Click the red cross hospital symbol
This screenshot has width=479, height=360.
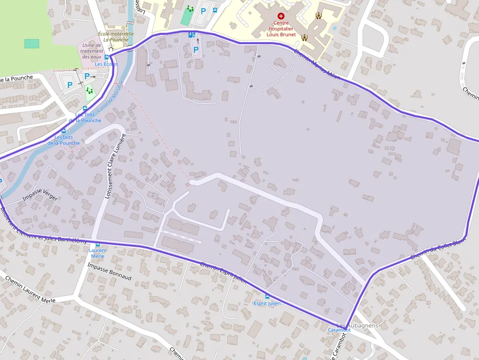coord(281,16)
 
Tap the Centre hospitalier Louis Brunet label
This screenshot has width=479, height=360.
coord(281,29)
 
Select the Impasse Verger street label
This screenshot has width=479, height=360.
coord(40,194)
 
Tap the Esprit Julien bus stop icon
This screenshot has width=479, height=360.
coord(267,296)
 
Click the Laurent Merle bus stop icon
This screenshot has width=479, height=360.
coord(97,244)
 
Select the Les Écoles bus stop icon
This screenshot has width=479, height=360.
coord(107,57)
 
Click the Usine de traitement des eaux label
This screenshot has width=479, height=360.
coord(92,51)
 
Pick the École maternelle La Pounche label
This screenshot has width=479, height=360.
coord(116,37)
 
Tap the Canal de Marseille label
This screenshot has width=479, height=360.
coord(111,97)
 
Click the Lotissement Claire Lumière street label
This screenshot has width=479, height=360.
coord(115,166)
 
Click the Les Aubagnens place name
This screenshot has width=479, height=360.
coord(357,325)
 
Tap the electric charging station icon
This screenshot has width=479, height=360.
coord(192,35)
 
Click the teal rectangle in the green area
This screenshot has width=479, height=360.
coord(32,43)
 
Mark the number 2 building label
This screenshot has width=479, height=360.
coord(153,195)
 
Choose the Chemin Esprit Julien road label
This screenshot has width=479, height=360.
coord(223,272)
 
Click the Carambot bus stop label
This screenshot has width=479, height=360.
coord(339,330)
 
